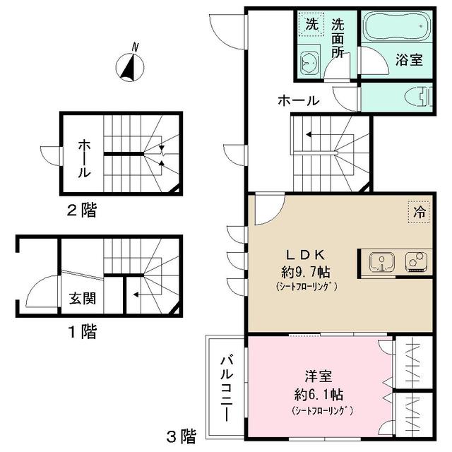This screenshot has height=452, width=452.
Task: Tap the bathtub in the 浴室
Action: (395, 29)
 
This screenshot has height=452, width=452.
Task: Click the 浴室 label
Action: (409, 60)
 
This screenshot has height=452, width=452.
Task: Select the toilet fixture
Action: (417, 97)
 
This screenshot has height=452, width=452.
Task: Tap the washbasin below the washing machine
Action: (309, 62)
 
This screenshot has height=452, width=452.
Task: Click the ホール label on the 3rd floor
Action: (298, 101)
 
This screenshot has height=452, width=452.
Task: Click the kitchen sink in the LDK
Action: (381, 261)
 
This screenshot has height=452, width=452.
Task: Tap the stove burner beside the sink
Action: (415, 261)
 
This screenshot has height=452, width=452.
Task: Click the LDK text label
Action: (304, 254)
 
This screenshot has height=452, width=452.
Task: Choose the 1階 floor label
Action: (83, 331)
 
